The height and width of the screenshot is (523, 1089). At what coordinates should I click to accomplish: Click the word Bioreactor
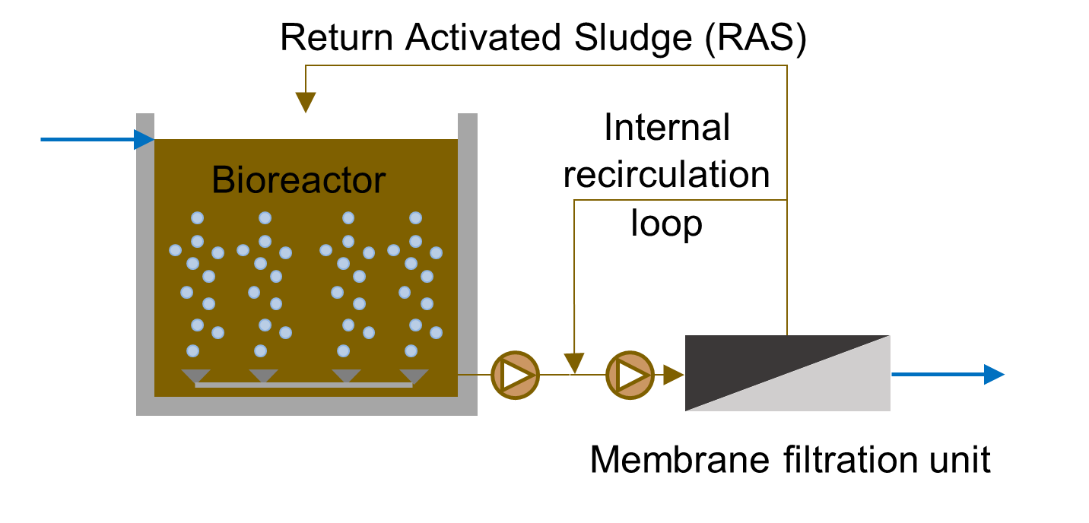298,181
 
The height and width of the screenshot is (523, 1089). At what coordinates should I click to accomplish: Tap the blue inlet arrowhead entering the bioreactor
144,140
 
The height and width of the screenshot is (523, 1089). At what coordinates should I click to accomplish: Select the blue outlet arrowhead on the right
994,374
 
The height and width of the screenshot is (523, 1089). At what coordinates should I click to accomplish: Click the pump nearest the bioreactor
515,375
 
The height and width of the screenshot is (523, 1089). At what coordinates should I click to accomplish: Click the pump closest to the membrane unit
630,375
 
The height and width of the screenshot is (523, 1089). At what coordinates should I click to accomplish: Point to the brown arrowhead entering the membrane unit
673,375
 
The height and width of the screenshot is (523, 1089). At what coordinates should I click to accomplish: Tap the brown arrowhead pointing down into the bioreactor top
306,102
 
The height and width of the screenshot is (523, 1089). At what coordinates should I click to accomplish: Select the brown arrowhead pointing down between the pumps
574,363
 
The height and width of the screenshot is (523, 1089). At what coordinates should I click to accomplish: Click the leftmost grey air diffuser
195,376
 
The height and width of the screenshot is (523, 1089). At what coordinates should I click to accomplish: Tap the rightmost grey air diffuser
414,376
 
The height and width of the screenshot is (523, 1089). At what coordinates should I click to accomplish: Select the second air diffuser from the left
264,376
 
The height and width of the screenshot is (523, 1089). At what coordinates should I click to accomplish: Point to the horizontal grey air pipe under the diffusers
304,385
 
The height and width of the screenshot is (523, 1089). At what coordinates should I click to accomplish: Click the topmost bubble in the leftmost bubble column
197,218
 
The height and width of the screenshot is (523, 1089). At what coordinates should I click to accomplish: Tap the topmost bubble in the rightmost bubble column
415,218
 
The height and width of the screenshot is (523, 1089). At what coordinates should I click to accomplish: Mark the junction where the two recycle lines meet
787,200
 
